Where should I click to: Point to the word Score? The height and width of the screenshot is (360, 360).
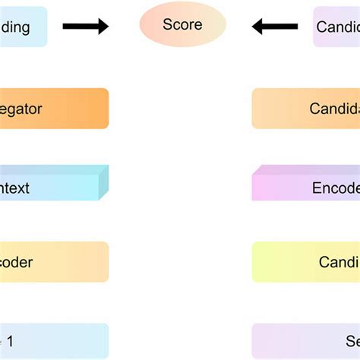[x=182, y=25]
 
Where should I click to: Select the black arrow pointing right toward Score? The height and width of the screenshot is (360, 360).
[x=85, y=27]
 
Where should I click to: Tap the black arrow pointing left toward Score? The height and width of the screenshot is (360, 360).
[x=275, y=27]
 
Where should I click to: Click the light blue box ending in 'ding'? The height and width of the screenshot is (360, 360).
[x=23, y=27]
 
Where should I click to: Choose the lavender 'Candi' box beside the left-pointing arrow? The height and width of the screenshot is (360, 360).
[x=337, y=27]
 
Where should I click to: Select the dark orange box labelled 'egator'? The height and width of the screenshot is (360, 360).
[x=53, y=109]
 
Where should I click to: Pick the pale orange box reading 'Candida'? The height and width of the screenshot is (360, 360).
[x=306, y=109]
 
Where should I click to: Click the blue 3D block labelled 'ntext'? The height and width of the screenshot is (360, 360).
[x=49, y=185]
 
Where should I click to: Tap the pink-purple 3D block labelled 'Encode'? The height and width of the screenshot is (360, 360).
[x=306, y=186]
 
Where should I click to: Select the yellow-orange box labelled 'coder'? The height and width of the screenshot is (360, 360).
[x=53, y=262]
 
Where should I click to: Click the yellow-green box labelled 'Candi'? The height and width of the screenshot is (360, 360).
[x=306, y=262]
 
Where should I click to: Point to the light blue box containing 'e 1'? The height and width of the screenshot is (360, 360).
[x=53, y=339]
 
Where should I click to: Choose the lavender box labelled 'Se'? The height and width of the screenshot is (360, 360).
[x=306, y=339]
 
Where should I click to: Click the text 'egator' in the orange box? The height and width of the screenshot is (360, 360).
[x=21, y=109]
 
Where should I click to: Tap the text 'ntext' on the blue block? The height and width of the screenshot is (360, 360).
[x=15, y=187]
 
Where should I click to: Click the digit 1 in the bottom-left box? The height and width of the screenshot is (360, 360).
[x=10, y=339]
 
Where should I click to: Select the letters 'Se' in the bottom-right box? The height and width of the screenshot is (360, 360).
[x=352, y=341]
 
